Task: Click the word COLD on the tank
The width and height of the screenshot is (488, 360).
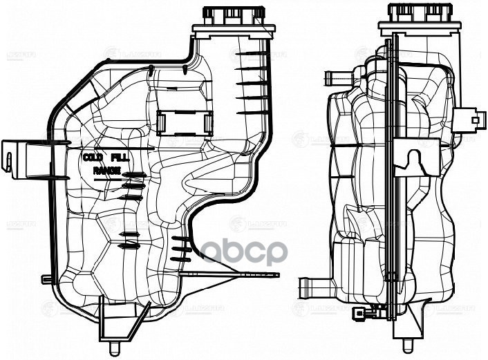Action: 93,158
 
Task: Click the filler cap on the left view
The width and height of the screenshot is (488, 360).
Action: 230,15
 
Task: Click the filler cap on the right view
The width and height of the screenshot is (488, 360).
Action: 415,13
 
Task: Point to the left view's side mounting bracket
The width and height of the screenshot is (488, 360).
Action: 17,155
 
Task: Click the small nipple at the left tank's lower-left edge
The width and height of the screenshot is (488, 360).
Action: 46,279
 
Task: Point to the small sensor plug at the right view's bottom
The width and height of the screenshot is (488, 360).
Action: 360,314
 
